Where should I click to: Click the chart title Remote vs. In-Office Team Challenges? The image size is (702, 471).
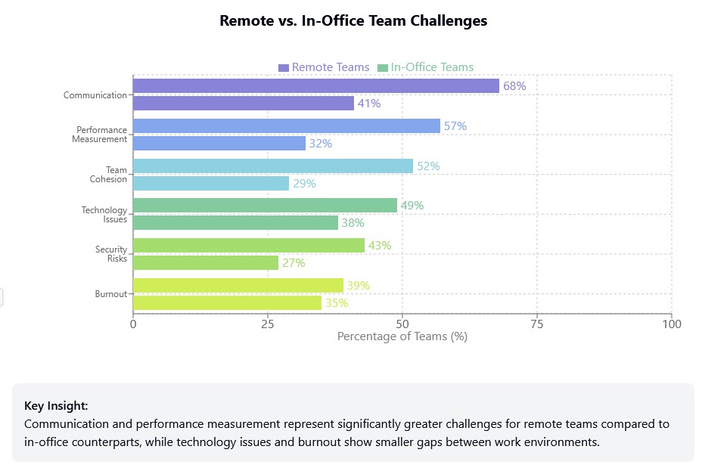tap(353, 21)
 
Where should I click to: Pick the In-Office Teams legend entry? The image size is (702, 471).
tap(425, 67)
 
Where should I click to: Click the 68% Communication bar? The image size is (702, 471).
tap(316, 85)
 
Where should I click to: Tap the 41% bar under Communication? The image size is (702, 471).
tap(244, 104)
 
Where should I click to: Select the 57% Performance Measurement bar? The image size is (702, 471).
tap(287, 125)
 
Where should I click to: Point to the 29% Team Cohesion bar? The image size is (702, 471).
tap(211, 183)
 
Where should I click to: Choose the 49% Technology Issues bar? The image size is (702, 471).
tap(265, 205)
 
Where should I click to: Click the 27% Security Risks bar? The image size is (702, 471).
tap(206, 262)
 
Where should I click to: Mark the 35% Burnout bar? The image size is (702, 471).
tap(227, 302)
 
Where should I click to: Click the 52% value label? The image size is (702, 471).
tap(428, 166)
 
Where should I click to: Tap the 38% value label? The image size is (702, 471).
tap(353, 223)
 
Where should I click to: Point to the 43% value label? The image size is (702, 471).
tap(380, 245)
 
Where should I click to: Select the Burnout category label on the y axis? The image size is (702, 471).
tap(110, 294)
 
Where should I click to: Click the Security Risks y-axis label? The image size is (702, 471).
tap(110, 254)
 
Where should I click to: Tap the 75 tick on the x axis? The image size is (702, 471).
tap(537, 324)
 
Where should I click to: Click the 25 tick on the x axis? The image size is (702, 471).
tap(268, 324)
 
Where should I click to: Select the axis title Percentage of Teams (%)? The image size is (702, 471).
tap(402, 336)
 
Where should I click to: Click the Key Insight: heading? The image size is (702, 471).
tap(56, 405)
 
